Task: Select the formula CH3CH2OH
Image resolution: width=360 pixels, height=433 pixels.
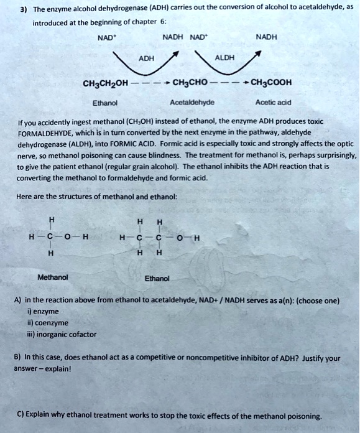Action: click(x=104, y=83)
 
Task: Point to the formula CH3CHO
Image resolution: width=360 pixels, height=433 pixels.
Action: click(x=191, y=83)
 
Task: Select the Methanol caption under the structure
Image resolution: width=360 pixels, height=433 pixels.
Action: click(x=53, y=277)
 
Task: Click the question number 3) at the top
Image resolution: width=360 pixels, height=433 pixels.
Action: click(x=22, y=10)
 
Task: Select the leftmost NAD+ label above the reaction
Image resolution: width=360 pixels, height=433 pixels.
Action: click(x=106, y=37)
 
